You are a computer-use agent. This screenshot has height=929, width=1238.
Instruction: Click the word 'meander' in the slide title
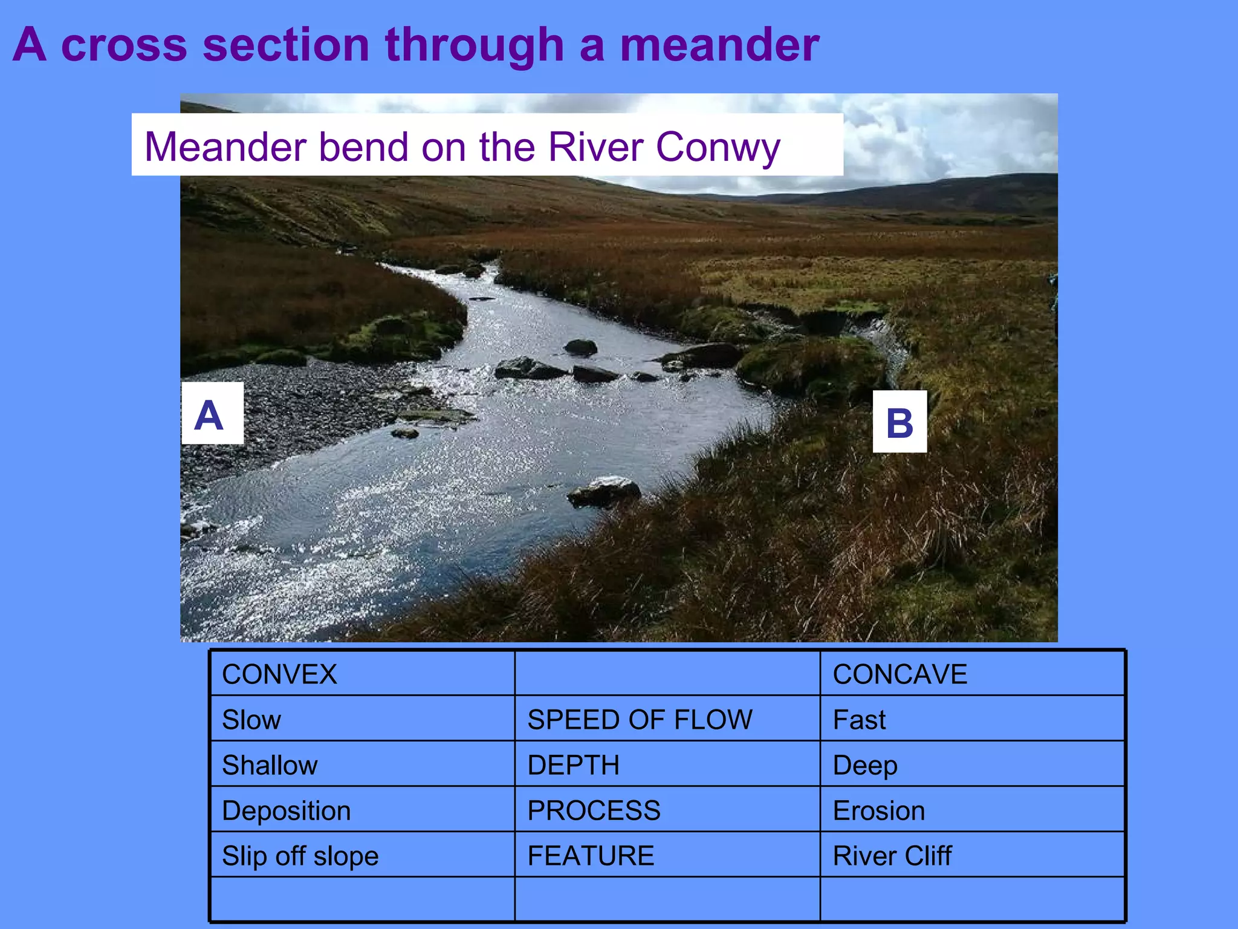[719, 45]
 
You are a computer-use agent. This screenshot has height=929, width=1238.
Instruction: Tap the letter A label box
[212, 413]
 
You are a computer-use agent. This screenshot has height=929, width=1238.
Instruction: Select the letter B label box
[899, 422]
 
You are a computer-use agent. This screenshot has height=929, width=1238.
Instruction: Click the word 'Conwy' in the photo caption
[718, 147]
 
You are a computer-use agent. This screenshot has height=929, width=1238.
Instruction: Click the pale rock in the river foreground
[606, 490]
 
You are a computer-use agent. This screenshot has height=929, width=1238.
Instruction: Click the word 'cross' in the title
[124, 45]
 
